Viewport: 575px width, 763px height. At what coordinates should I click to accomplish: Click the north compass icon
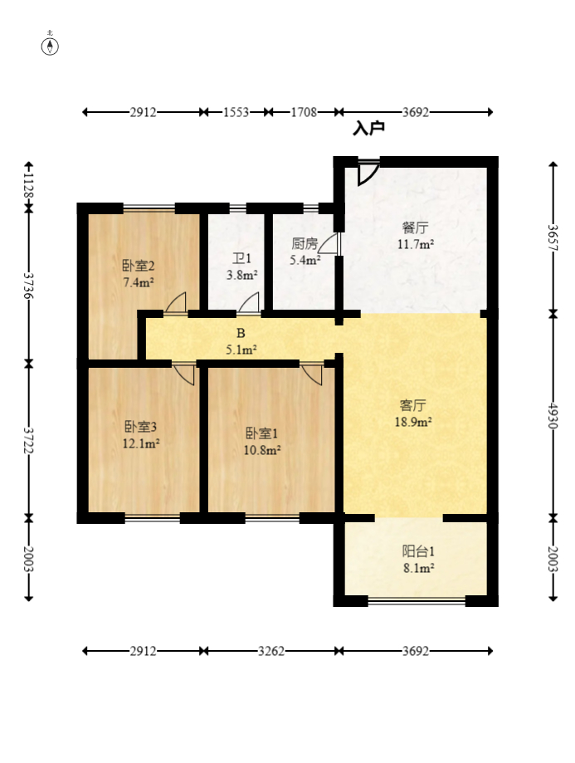pos(50,46)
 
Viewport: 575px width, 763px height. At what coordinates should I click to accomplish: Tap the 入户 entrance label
pos(368,128)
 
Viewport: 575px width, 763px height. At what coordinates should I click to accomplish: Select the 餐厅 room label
pos(415,227)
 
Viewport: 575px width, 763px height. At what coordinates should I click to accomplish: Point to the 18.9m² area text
pos(413,422)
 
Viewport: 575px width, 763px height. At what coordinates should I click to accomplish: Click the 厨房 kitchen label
pos(305,243)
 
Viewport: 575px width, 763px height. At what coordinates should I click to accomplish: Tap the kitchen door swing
pos(329,243)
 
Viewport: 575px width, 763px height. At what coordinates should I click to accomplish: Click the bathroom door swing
pos(249,303)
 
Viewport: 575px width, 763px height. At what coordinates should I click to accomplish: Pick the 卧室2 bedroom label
pos(139,266)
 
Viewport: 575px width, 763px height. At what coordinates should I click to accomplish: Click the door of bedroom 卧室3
pos(184,374)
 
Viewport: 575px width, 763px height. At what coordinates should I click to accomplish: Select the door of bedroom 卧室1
pos(312,374)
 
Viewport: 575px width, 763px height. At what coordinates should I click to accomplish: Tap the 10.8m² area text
pos(262,450)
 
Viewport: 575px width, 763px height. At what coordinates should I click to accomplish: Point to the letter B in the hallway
pos(241,333)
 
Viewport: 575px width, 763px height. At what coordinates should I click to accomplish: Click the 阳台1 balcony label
pos(418,551)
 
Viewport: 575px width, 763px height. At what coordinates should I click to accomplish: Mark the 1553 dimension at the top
pos(236,112)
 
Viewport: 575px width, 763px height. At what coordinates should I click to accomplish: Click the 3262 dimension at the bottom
pos(271,651)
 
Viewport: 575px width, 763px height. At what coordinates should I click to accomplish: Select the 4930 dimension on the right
pos(553,415)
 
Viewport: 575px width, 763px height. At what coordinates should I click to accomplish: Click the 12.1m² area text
pos(142,444)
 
